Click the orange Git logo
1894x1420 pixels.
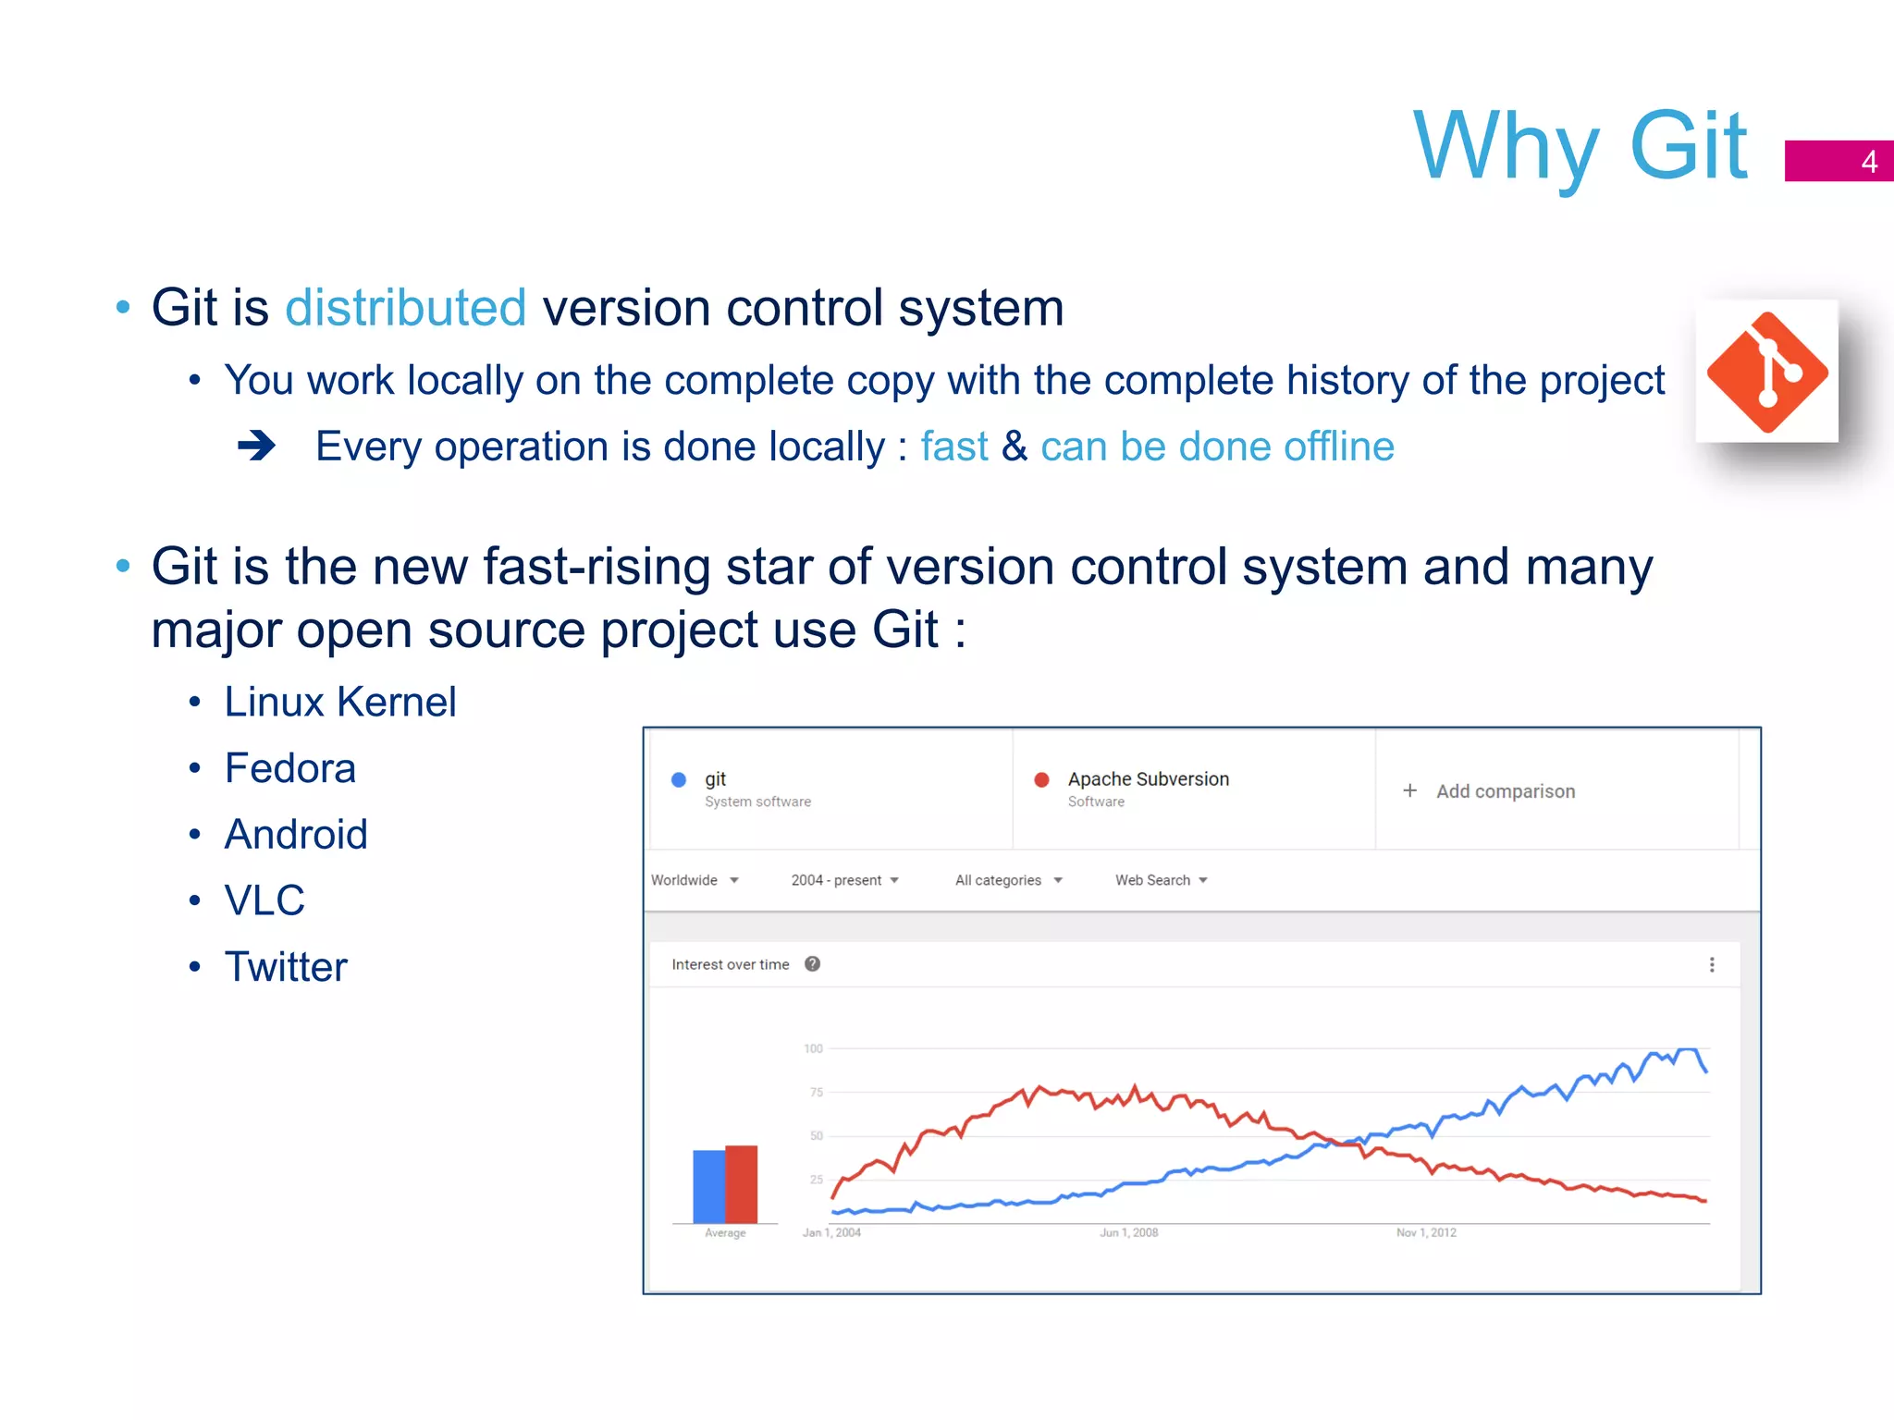coord(1766,372)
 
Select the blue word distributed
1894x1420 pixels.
coord(405,308)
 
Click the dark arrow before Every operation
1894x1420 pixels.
coord(256,447)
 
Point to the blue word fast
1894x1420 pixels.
coord(953,447)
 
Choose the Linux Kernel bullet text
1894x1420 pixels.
coord(339,703)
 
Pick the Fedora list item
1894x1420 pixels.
coord(289,768)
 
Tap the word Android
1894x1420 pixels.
coord(296,835)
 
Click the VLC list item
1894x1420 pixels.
coord(264,900)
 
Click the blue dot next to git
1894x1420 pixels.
coord(679,779)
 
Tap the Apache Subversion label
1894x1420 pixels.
coord(1148,779)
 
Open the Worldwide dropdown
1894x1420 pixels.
coord(695,880)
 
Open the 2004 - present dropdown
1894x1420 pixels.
coord(844,880)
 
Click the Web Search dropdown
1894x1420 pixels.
coord(1161,880)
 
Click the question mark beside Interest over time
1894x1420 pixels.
coord(812,964)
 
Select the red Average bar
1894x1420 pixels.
coord(742,1184)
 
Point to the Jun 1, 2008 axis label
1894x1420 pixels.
coord(1128,1232)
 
